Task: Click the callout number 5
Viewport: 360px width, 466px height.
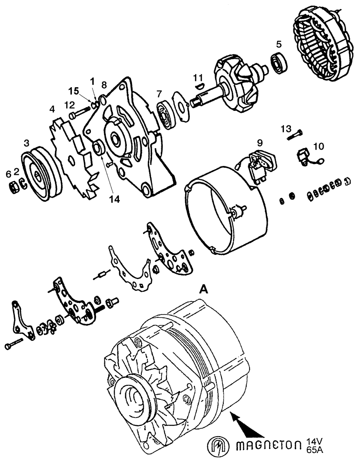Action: pos(278,45)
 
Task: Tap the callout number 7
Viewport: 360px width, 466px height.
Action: pos(159,93)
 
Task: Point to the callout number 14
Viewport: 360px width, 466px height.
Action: pos(115,199)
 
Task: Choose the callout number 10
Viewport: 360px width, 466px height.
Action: pos(318,146)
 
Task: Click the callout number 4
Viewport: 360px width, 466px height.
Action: pos(52,109)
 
